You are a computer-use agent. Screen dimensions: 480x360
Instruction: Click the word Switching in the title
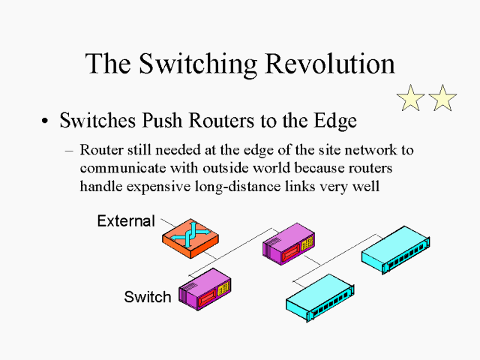coord(198,63)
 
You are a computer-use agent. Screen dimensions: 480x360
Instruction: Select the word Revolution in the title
coord(330,63)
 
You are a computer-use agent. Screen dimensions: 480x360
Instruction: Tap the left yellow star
coord(410,98)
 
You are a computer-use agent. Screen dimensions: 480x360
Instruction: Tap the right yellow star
coord(442,98)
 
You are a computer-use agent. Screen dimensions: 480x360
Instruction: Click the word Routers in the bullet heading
coord(221,120)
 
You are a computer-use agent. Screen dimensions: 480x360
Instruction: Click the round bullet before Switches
coord(45,121)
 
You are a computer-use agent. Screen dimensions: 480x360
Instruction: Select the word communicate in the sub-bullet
coord(123,168)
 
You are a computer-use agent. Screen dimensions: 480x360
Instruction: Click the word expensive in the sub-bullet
coord(158,187)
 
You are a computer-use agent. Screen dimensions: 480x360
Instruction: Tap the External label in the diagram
coord(126,220)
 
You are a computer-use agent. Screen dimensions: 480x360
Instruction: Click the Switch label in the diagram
coord(148,297)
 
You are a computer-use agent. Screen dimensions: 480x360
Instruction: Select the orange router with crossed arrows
coord(190,238)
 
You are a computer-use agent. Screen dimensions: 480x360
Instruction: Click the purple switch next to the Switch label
coord(205,289)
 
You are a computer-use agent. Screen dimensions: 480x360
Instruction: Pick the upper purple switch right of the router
coord(289,244)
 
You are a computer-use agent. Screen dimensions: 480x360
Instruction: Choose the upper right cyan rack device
coord(395,250)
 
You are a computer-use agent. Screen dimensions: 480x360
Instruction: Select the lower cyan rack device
coord(320,298)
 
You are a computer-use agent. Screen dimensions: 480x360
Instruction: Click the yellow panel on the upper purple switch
coord(307,244)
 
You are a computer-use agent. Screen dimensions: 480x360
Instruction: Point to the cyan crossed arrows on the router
coord(190,234)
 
